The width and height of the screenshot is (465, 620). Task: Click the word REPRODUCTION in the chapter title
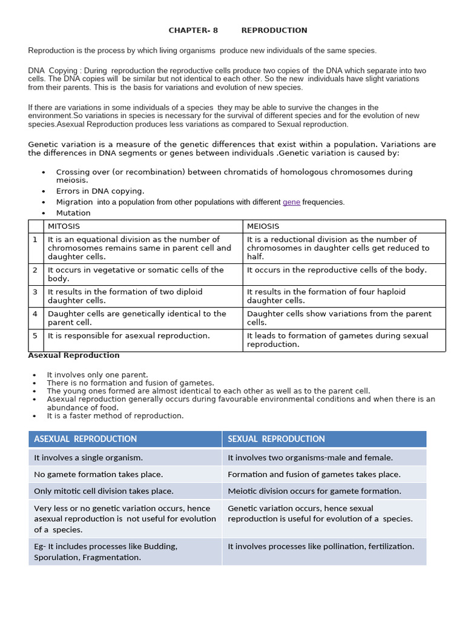click(274, 30)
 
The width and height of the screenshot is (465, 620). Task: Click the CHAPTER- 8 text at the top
click(193, 30)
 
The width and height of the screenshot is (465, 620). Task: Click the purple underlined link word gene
click(291, 202)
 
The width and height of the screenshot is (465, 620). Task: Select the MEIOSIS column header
click(263, 226)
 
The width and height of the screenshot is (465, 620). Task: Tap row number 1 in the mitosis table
click(35, 240)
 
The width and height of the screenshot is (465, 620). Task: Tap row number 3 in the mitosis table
click(35, 292)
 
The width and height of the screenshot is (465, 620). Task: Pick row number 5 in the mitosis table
click(35, 335)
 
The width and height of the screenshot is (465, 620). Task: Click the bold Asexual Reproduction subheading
click(74, 355)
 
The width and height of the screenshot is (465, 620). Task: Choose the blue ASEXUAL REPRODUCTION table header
click(85, 439)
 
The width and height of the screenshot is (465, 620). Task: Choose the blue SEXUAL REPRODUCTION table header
click(276, 439)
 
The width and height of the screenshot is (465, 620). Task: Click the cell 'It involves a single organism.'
click(88, 458)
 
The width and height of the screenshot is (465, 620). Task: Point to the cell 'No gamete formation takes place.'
click(98, 475)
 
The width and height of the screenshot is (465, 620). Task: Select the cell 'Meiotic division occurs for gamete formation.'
click(314, 491)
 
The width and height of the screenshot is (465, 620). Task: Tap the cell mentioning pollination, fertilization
click(321, 546)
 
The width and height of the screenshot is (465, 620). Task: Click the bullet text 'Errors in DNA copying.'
click(100, 191)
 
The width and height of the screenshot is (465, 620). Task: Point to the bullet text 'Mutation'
click(73, 213)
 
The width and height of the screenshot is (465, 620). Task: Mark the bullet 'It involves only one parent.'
click(97, 375)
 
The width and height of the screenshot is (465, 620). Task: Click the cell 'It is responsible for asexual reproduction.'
click(129, 335)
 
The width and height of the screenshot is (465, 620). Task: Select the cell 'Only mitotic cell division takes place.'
click(104, 491)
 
